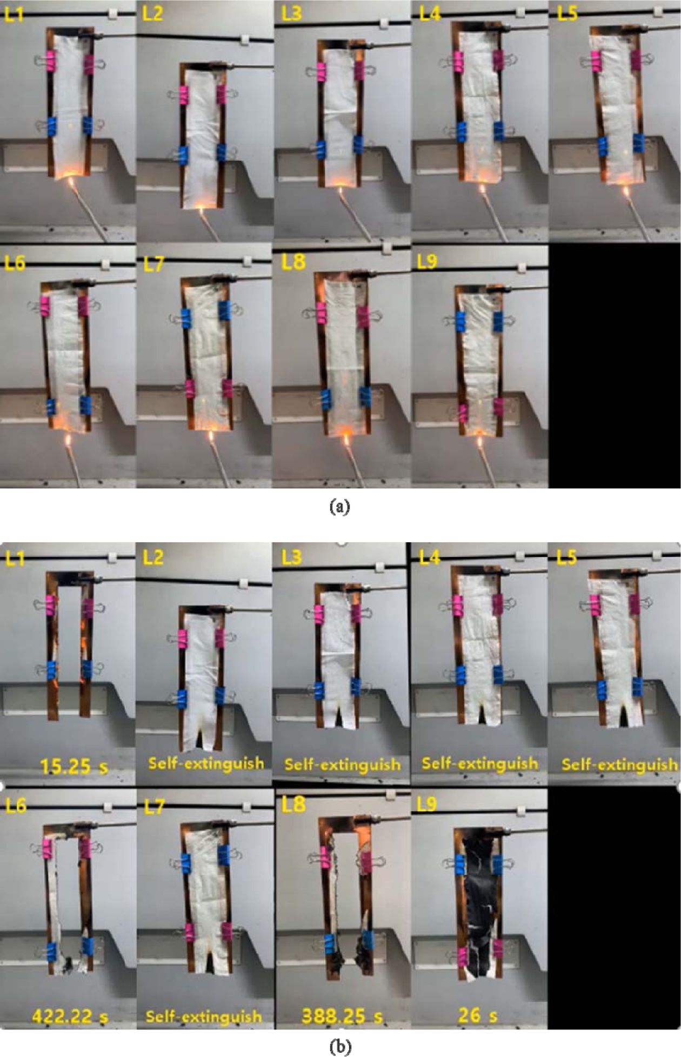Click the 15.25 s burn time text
pyautogui.click(x=74, y=766)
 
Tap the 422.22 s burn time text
pyautogui.click(x=70, y=1016)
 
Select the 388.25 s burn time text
pyautogui.click(x=342, y=1016)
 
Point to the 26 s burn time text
pyautogui.click(x=477, y=1015)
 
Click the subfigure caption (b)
pyautogui.click(x=339, y=1047)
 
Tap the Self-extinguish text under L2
pyautogui.click(x=206, y=763)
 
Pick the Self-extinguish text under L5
pyautogui.click(x=619, y=764)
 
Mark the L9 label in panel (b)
pyautogui.click(x=427, y=805)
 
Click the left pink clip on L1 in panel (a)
pyautogui.click(x=50, y=62)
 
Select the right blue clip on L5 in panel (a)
pyautogui.click(x=638, y=143)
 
